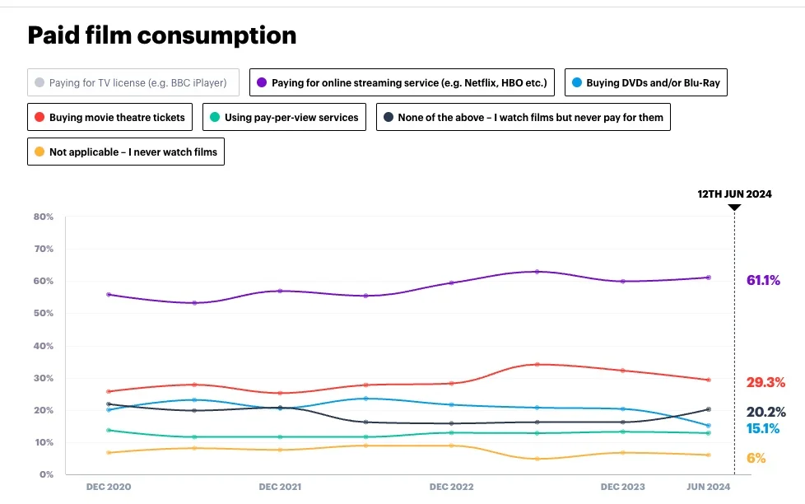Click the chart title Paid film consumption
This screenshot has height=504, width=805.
[x=162, y=35]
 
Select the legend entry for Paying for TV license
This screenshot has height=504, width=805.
[x=133, y=82]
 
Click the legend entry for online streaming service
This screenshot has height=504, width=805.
[x=402, y=82]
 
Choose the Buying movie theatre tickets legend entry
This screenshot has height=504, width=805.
[x=110, y=117]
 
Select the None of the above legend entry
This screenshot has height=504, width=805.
[x=523, y=117]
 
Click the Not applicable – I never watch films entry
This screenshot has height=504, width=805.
[x=126, y=152]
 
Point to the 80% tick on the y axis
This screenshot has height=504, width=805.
[x=44, y=217]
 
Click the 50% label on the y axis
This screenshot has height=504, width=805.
[x=44, y=314]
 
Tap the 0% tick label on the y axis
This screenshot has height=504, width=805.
[x=46, y=475]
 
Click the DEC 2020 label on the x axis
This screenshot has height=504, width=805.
[x=109, y=488]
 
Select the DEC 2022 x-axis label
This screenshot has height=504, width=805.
[x=452, y=488]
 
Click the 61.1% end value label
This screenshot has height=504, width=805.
[x=763, y=281]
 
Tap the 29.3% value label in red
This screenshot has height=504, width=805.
[x=765, y=383]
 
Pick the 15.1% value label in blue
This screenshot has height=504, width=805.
[x=763, y=428]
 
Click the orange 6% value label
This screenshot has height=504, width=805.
[x=756, y=459]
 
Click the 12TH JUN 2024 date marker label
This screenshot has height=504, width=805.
[x=734, y=194]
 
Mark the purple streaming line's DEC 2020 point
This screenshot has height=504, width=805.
[x=109, y=294]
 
